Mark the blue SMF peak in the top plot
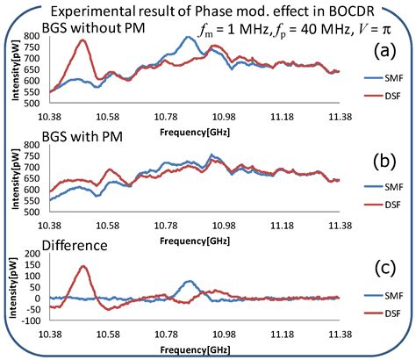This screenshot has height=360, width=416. tap(190, 37)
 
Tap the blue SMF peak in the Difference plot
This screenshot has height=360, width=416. tap(190, 282)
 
